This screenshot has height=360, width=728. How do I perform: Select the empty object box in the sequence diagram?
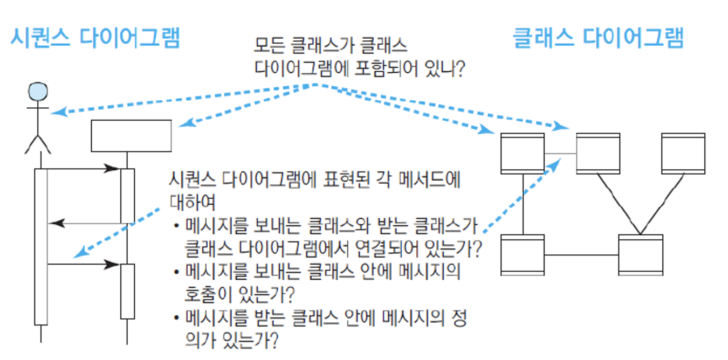[131, 136]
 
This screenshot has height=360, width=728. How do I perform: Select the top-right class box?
[683, 153]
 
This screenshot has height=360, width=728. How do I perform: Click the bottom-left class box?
[522, 255]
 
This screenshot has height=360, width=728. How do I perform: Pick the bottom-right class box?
[640, 255]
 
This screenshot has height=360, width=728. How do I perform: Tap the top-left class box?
[522, 153]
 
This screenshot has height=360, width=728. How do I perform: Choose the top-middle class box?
[597, 153]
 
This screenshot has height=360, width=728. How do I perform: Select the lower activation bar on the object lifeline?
[127, 291]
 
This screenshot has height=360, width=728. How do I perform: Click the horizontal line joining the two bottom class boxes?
[581, 255]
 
